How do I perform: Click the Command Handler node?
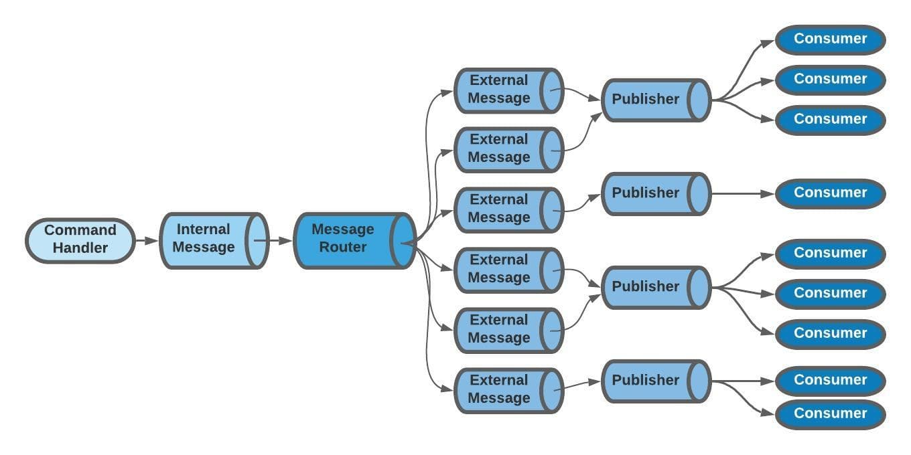pos(80,240)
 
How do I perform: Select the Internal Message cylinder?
pos(213,240)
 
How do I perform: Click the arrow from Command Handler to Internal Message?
pos(146,240)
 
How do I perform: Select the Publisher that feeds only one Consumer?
pos(654,194)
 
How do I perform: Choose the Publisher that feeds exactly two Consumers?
pos(654,381)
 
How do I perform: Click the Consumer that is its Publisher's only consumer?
pos(830,193)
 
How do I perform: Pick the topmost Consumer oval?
pos(830,39)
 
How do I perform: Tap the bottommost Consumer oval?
pos(830,414)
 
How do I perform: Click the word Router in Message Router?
pos(342,247)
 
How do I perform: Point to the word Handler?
pos(80,248)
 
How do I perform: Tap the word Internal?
pos(203,230)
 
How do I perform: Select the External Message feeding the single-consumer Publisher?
pos(508,209)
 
